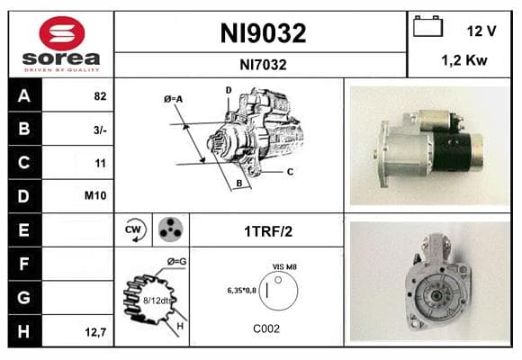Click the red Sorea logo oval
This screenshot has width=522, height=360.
tap(62, 33)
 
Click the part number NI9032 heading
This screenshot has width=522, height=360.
tap(263, 33)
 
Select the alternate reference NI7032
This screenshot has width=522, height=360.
tap(263, 65)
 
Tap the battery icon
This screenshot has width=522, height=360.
tap(427, 26)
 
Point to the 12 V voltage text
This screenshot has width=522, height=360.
tap(481, 31)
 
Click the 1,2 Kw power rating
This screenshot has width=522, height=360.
tap(464, 60)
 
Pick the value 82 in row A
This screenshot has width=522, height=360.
tap(100, 96)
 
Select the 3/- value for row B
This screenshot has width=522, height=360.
tap(100, 130)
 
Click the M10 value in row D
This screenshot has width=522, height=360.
tap(95, 195)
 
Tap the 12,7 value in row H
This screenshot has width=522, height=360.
tap(96, 332)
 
